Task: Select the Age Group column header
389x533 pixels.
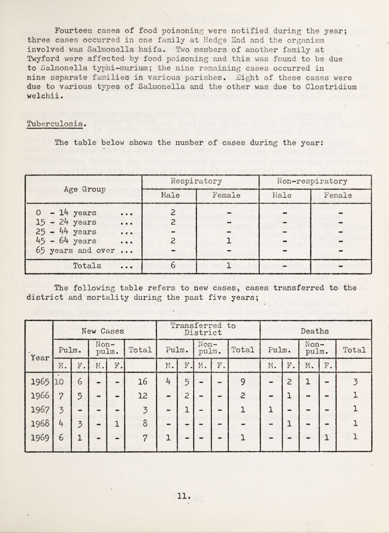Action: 81,190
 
